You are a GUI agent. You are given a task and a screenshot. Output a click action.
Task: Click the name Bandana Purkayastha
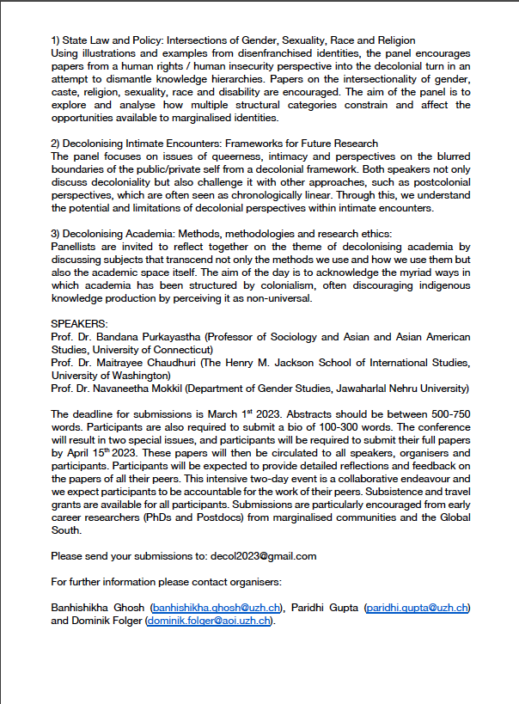(146, 336)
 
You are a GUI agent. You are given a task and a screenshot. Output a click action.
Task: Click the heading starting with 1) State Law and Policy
(233, 40)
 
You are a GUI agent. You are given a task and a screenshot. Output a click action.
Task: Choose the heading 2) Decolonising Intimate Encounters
(214, 144)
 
